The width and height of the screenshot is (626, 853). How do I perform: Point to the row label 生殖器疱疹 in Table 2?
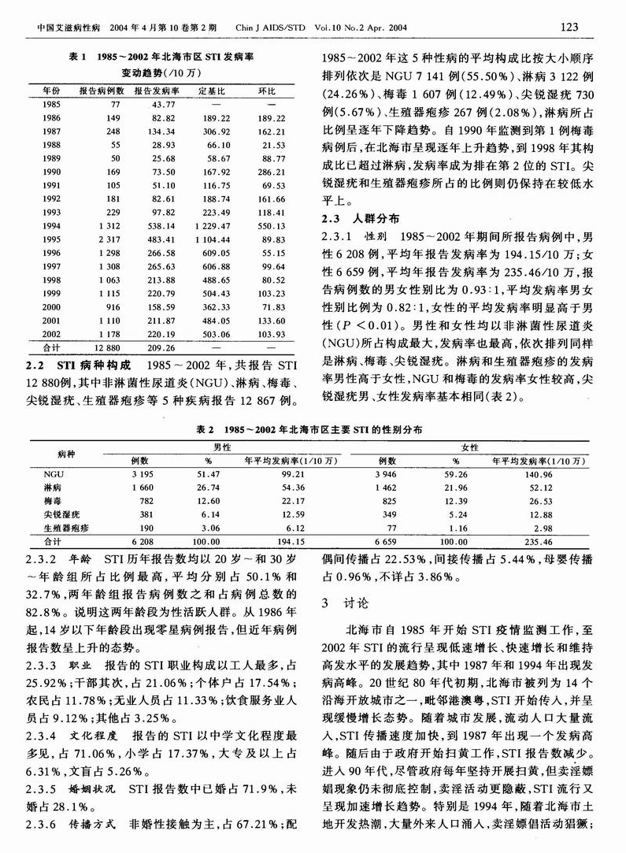(65, 527)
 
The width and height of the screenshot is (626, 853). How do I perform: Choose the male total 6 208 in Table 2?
(141, 542)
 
